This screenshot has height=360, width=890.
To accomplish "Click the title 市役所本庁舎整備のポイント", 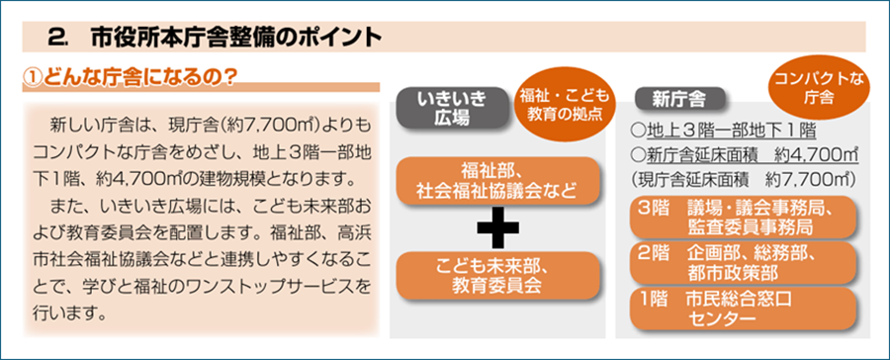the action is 235,38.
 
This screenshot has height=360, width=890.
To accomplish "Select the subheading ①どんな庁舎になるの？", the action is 129,75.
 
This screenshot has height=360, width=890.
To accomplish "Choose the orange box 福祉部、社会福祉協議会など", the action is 497,181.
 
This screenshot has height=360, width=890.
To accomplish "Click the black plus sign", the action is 497,227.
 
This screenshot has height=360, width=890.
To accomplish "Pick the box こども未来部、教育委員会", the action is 497,275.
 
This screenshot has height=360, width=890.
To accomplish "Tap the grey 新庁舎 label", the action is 678,100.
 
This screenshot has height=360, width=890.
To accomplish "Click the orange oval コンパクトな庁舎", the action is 818,87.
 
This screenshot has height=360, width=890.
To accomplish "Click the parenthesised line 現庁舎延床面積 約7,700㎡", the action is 743,178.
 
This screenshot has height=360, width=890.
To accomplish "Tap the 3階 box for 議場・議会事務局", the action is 743,217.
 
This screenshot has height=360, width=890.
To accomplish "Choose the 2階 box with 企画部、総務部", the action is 743,263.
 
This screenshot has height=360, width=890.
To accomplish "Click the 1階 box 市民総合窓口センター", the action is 743,309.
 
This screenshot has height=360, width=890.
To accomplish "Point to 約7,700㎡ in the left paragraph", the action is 281,124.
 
